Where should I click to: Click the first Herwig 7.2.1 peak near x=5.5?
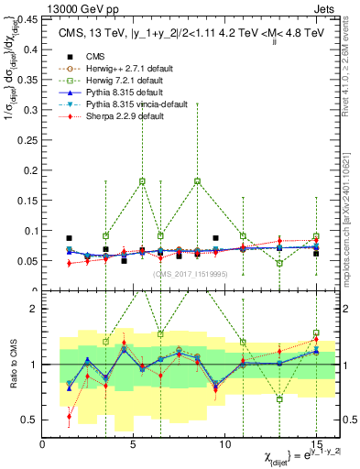tap(142, 181)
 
